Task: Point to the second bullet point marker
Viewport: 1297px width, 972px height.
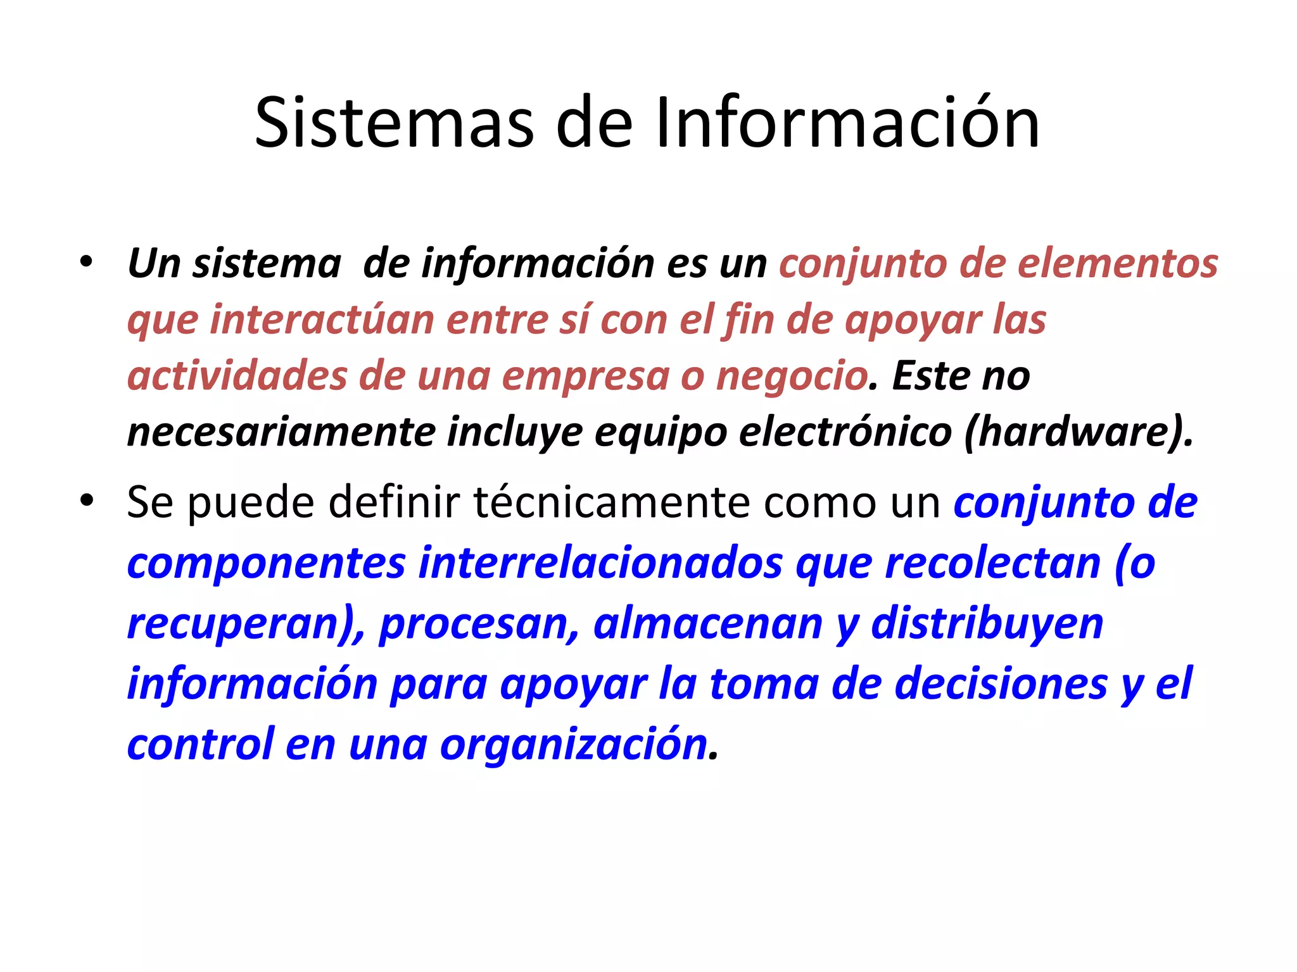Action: pyautogui.click(x=87, y=501)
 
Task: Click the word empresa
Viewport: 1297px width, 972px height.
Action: pyautogui.click(x=586, y=376)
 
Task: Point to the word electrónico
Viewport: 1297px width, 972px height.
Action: pyautogui.click(x=845, y=433)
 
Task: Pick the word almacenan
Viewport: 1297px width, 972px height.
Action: pyautogui.click(x=708, y=623)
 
